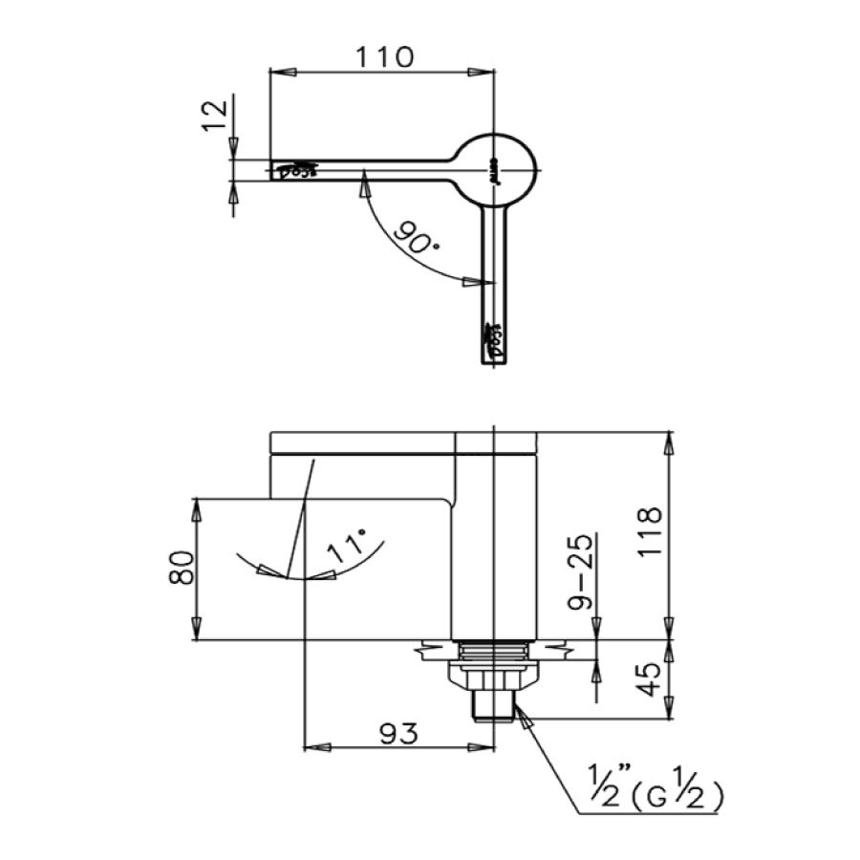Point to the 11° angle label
click(x=345, y=550)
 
